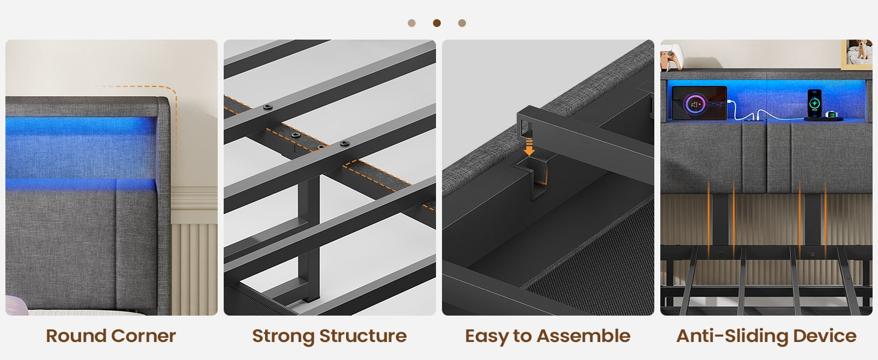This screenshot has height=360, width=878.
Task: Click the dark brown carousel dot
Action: pyautogui.click(x=437, y=23)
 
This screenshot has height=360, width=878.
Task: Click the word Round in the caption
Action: pyautogui.click(x=76, y=336)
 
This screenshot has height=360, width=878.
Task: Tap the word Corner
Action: pyautogui.click(x=143, y=336)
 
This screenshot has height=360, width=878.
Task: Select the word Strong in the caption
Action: pyautogui.click(x=283, y=337)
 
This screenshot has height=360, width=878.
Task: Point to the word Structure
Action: pyautogui.click(x=363, y=336)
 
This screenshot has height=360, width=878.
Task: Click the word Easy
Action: pyautogui.click(x=486, y=337)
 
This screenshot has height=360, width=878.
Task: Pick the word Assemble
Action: pyautogui.click(x=584, y=336)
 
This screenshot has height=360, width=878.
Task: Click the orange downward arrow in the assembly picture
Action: pyautogui.click(x=529, y=147)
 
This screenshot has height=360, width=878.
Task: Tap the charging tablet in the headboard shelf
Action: pyautogui.click(x=699, y=103)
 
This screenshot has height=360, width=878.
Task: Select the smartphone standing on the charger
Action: pyautogui.click(x=814, y=103)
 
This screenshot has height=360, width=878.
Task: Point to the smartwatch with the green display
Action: pyautogui.click(x=832, y=115)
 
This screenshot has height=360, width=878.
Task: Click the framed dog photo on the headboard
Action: pyautogui.click(x=857, y=54)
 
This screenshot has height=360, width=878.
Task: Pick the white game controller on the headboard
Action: pyautogui.click(x=672, y=57)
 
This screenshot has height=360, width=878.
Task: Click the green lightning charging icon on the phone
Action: pyautogui.click(x=814, y=104)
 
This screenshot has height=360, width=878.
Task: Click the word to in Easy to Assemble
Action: pyautogui.click(x=522, y=337)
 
